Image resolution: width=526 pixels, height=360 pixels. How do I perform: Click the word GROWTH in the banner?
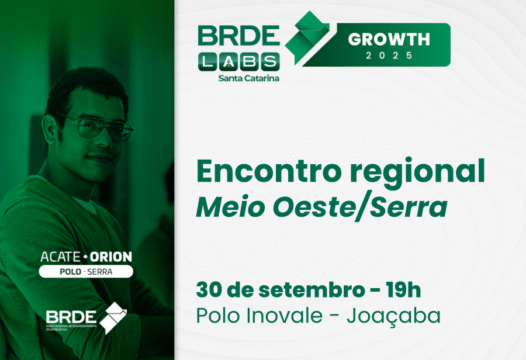tap(389, 39)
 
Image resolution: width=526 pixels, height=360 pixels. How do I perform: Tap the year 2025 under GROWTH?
tap(389, 55)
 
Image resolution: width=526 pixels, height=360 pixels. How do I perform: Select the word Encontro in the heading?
tap(270, 169)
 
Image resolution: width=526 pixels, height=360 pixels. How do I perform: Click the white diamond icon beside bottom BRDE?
tap(112, 315)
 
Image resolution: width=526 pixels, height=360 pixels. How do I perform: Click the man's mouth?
tap(97, 162)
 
